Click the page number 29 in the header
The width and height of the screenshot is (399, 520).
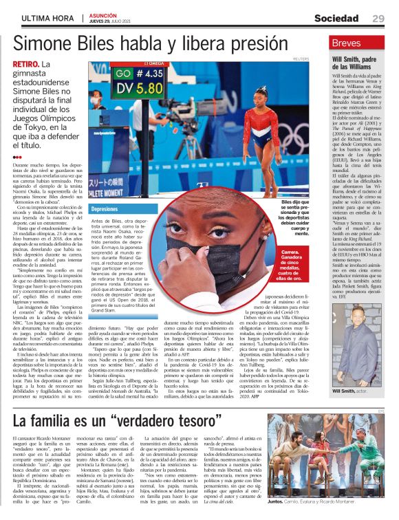(x=378, y=17)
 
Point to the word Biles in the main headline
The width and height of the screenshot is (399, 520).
(x=133, y=44)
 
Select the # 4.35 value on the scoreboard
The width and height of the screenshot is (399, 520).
(x=148, y=73)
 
